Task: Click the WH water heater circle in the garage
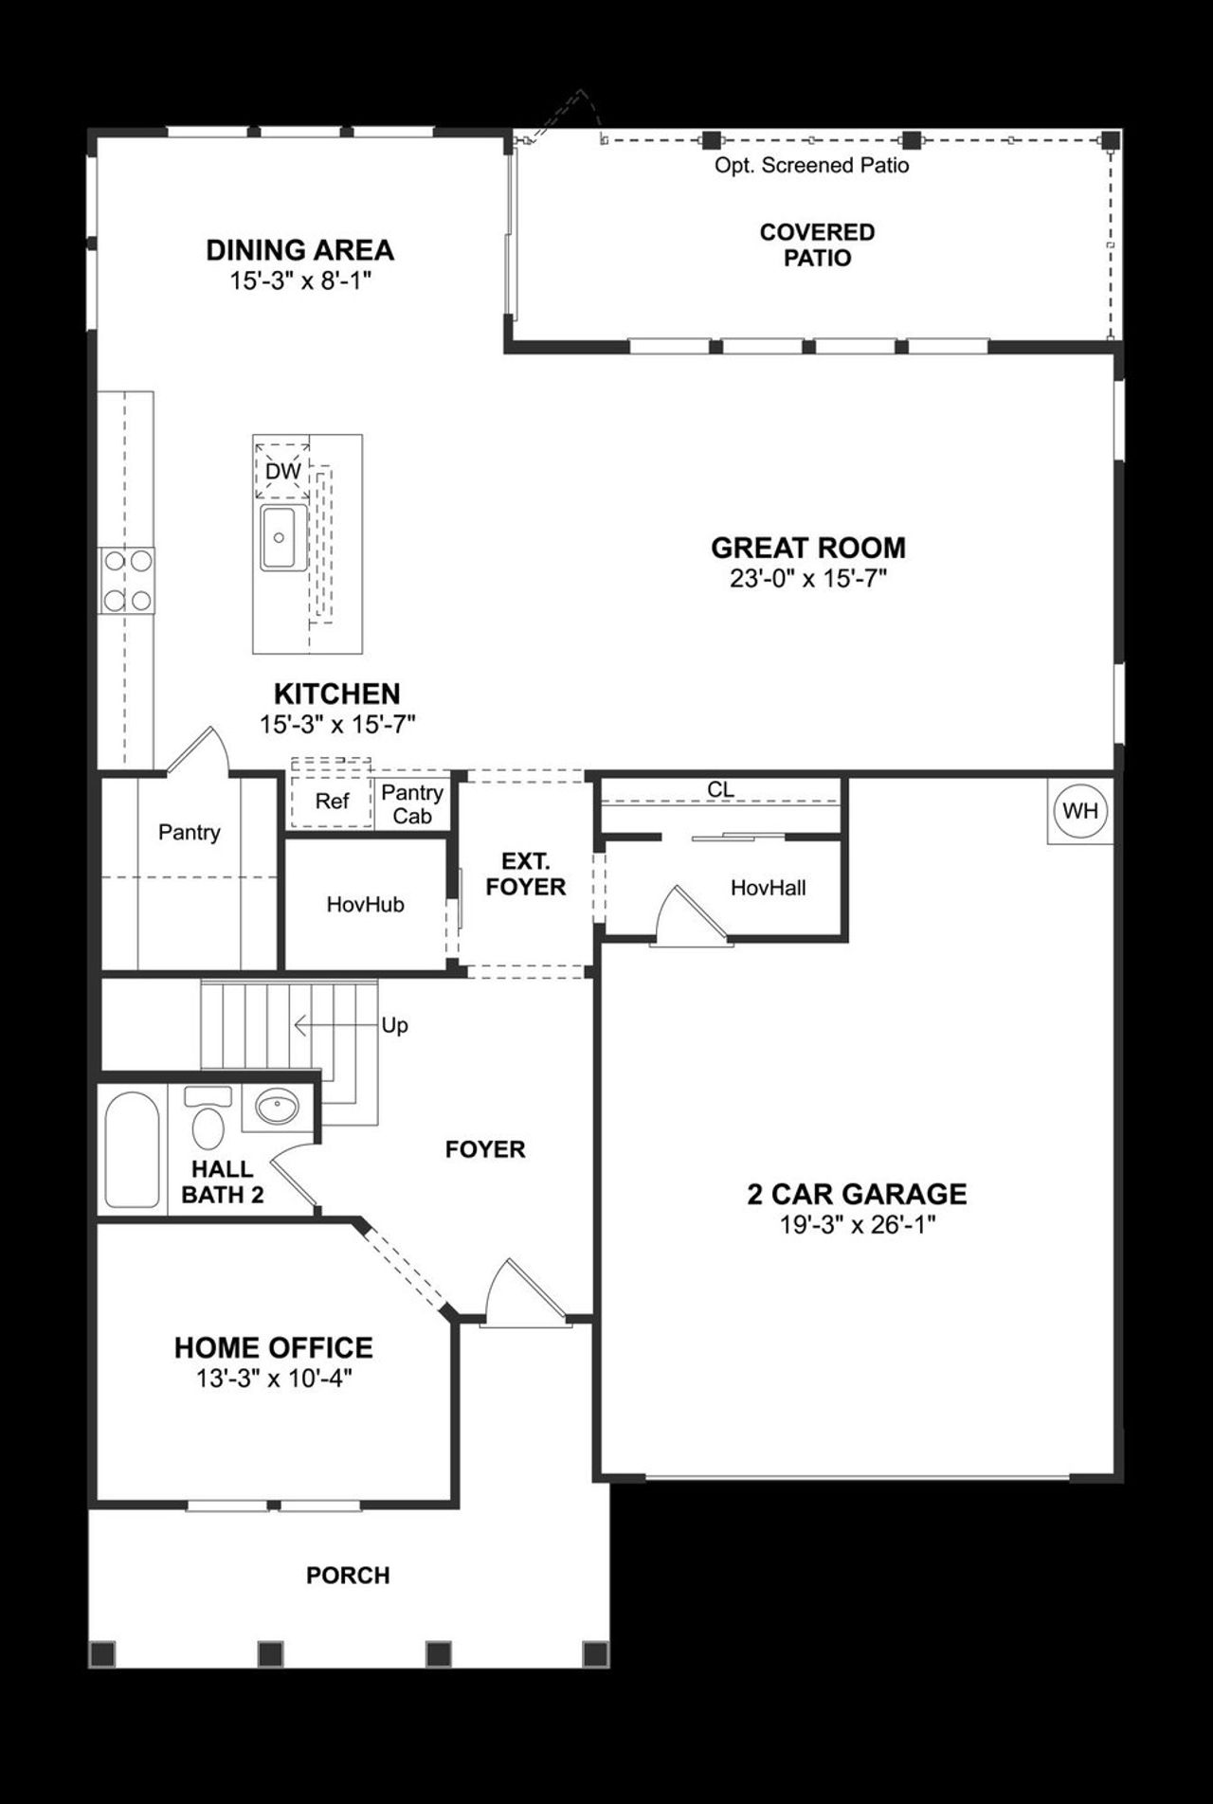(1080, 811)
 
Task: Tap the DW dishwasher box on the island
(282, 471)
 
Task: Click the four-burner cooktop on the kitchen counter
(127, 580)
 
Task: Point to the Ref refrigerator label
(332, 802)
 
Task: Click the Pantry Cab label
(412, 803)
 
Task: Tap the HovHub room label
(365, 905)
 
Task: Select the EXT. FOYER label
(526, 874)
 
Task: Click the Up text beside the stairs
(394, 1025)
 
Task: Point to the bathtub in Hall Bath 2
(132, 1149)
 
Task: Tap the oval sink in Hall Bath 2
(276, 1106)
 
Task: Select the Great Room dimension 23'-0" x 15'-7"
(807, 579)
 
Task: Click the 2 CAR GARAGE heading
(857, 1194)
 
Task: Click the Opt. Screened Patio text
(811, 166)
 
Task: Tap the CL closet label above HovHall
(720, 789)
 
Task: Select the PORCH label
(348, 1575)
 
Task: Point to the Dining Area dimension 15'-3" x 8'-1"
(299, 281)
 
